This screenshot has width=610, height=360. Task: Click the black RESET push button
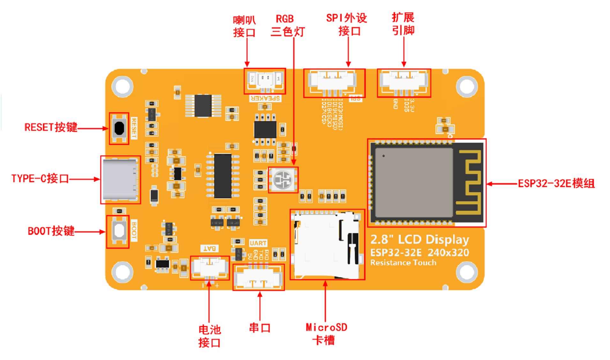119,128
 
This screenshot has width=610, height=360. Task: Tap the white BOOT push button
119,231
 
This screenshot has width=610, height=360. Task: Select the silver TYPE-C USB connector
119,180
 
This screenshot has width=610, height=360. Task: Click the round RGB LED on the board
283,180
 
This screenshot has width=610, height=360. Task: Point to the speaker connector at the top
265,80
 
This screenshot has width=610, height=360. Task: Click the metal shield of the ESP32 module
413,183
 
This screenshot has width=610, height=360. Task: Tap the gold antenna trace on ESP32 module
469,183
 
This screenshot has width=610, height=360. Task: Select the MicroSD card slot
327,245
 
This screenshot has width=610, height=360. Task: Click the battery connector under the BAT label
210,267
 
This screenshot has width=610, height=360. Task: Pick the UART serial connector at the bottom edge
258,277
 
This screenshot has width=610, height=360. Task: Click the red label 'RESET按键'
51,127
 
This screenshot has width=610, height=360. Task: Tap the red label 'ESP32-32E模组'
556,184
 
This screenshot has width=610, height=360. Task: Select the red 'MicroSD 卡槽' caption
326,334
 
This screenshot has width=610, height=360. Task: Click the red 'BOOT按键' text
51,231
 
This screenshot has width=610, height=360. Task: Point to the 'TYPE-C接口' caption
40,178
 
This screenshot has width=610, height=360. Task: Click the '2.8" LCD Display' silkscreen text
420,239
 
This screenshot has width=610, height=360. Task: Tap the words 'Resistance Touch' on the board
403,263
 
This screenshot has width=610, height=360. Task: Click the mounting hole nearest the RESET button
122,86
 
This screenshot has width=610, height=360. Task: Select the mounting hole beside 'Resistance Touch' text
466,272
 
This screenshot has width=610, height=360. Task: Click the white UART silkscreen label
258,243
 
